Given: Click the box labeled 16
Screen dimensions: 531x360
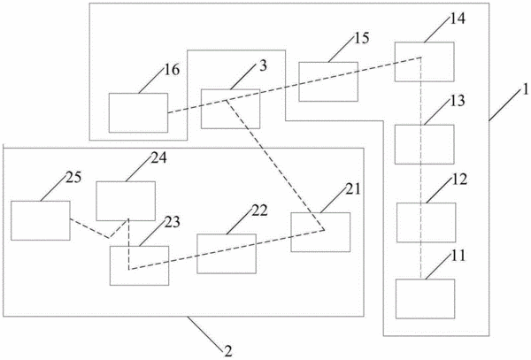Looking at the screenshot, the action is (138, 112).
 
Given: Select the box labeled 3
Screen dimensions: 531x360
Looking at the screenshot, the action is (231, 109).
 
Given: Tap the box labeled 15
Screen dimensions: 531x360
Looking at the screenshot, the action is (328, 81).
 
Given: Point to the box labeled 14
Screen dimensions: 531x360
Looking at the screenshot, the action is (424, 62).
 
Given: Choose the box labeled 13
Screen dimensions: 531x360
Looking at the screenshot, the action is (424, 144).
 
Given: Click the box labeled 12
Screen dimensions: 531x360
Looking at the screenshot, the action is (426, 223).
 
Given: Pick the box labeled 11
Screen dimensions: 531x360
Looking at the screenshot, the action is (425, 299).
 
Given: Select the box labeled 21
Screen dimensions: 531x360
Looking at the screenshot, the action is (320, 232).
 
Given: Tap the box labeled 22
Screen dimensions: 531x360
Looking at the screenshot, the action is (227, 254).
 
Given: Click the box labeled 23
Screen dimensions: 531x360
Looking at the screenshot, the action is (139, 265).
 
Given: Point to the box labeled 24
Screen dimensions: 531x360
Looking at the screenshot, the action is (126, 202).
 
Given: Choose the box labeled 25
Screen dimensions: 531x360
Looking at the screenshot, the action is (41, 220).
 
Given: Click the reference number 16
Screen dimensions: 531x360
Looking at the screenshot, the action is (172, 70).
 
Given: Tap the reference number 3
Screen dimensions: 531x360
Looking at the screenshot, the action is (263, 66).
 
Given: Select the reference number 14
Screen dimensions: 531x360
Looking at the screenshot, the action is (458, 19).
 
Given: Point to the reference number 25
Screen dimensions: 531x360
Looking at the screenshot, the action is (73, 177).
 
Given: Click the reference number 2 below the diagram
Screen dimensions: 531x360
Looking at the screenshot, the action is (228, 351).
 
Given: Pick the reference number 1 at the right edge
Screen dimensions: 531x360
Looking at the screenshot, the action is (525, 89).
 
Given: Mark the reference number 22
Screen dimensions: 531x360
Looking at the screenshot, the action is (259, 211).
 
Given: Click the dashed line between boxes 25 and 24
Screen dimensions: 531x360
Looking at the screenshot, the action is (109, 238).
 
